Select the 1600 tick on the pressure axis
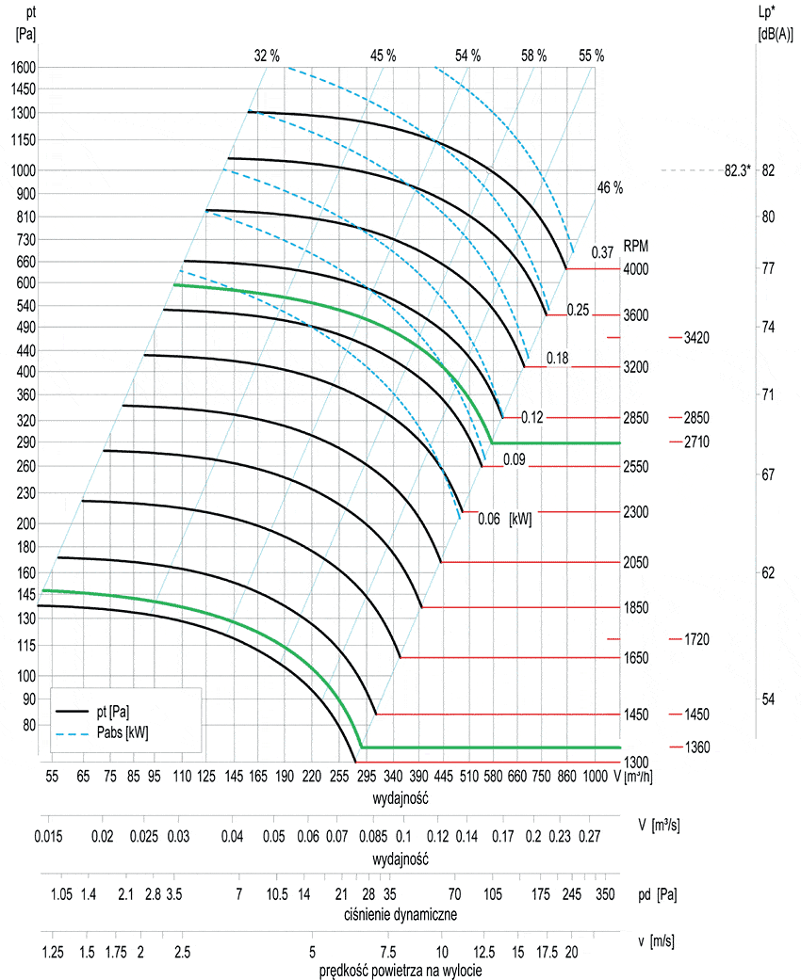pos(23,67)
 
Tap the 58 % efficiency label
pos(533,56)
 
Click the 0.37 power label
pos(602,251)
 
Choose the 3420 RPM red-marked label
pos(696,337)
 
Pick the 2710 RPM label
pos(696,442)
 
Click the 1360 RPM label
pos(696,747)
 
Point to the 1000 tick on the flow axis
pos(595,777)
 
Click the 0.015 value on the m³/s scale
pos(49,836)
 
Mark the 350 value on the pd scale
pos(605,892)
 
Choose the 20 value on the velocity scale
pos(571,952)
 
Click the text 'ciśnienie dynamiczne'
pos(400,914)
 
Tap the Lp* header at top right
pos(766,12)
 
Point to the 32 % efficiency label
pos(267,56)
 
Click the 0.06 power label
pos(488,518)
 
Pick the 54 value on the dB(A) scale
pos(768,699)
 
